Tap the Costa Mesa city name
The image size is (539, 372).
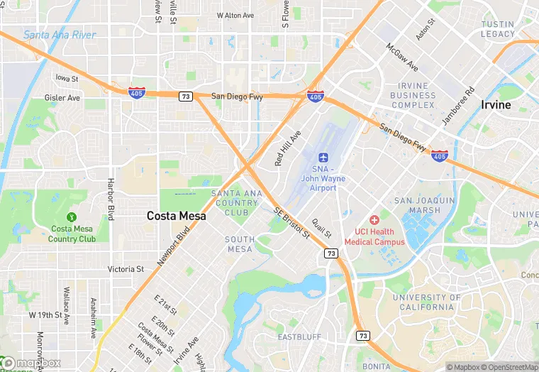click(176, 215)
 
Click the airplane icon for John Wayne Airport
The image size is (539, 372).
click(323, 156)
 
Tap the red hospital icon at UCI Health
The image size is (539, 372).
click(374, 221)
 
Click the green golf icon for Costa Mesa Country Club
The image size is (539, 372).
click(71, 217)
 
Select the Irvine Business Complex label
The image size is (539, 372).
click(413, 95)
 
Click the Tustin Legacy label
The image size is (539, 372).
click(497, 29)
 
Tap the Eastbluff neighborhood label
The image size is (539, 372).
click(299, 337)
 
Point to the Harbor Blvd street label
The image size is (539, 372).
click(111, 198)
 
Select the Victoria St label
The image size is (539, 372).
click(126, 269)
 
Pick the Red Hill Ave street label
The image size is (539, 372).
click(288, 148)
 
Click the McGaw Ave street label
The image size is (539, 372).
click(402, 57)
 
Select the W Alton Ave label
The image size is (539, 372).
click(235, 15)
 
